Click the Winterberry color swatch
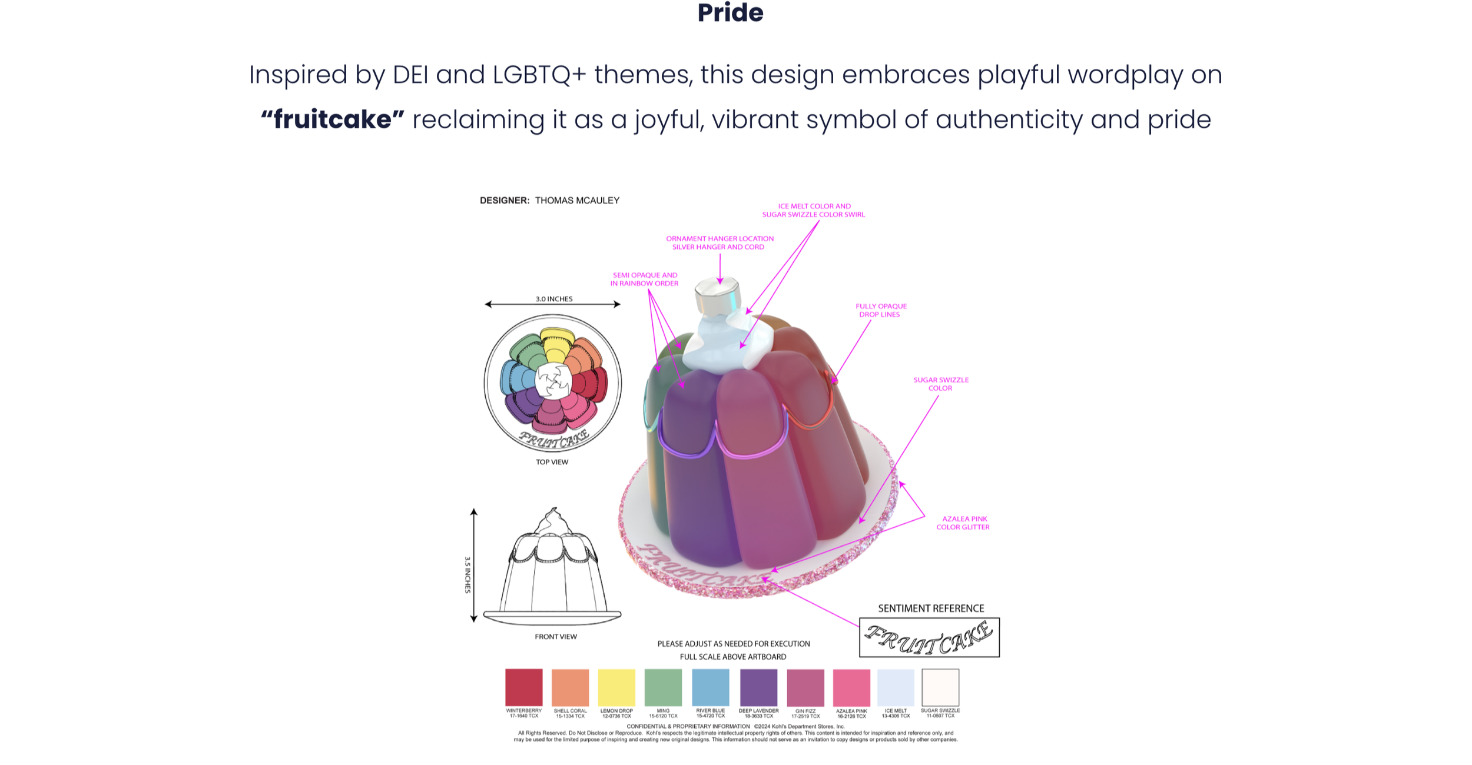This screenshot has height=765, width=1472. click(523, 687)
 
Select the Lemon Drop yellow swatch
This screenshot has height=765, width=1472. click(616, 687)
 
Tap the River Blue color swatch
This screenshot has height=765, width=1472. click(710, 687)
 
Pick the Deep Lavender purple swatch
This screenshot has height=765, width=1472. click(758, 687)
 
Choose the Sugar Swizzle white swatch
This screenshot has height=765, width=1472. click(940, 687)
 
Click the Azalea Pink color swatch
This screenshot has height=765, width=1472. click(851, 687)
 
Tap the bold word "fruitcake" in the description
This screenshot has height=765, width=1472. click(333, 119)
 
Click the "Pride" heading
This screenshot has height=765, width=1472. click(730, 12)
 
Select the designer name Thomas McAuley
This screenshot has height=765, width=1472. click(577, 201)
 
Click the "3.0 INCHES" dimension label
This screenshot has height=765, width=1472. click(553, 299)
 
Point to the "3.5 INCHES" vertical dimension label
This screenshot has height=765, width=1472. click(468, 575)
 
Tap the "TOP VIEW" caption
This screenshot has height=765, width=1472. click(552, 462)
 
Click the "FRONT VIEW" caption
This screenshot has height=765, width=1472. click(555, 637)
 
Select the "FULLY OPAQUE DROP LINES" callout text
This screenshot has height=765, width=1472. click(881, 310)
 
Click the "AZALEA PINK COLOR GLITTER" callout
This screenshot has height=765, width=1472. click(963, 523)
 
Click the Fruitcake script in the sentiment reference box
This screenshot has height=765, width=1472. click(929, 638)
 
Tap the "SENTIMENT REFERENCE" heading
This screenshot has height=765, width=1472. click(931, 608)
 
